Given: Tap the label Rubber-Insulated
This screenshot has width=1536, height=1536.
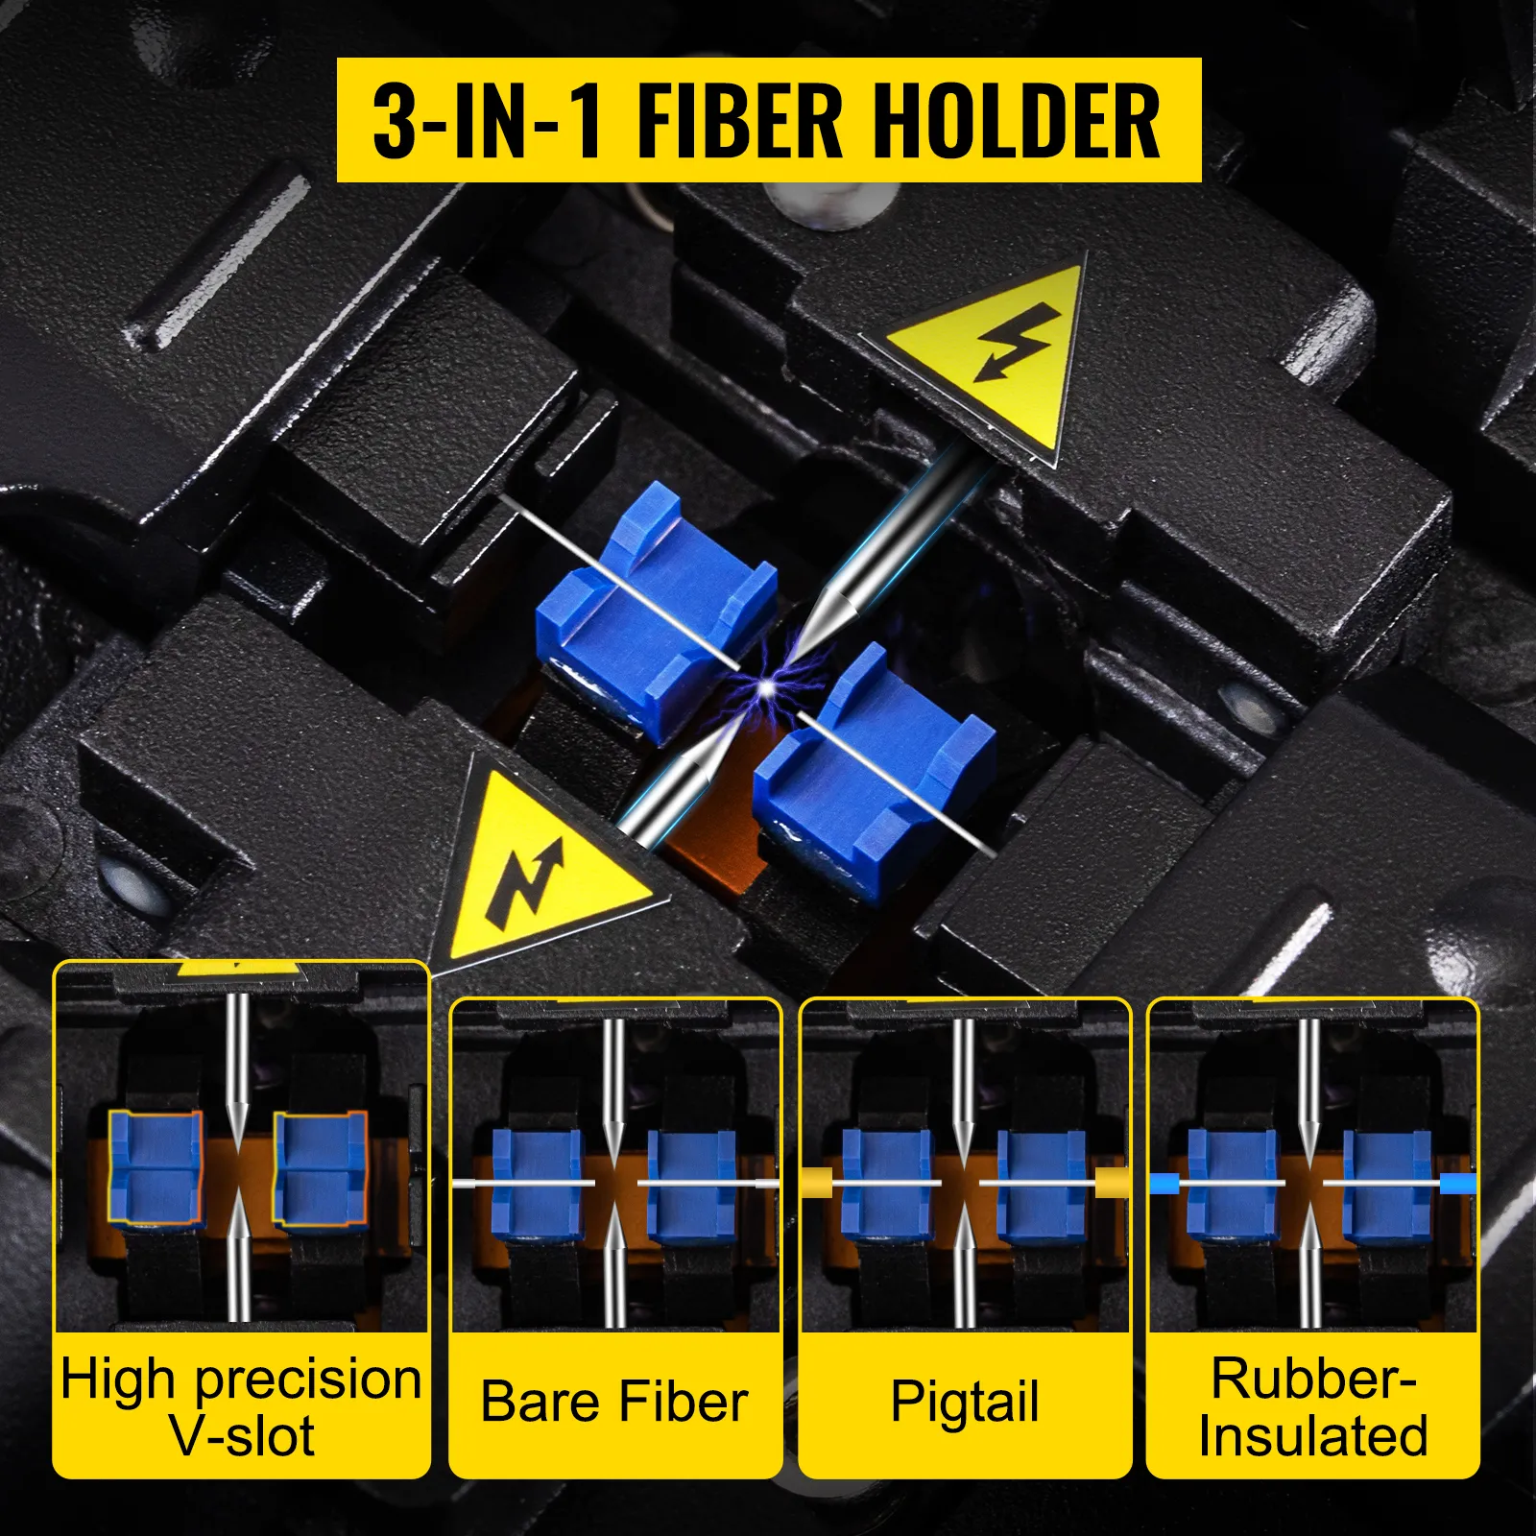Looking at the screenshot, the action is [1313, 1406].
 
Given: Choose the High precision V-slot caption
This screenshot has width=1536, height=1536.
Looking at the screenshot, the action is [241, 1407].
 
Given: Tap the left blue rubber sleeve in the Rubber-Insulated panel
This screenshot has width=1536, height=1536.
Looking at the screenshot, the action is [1164, 1184].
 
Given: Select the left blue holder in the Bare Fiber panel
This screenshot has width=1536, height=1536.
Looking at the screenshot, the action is [537, 1184].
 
